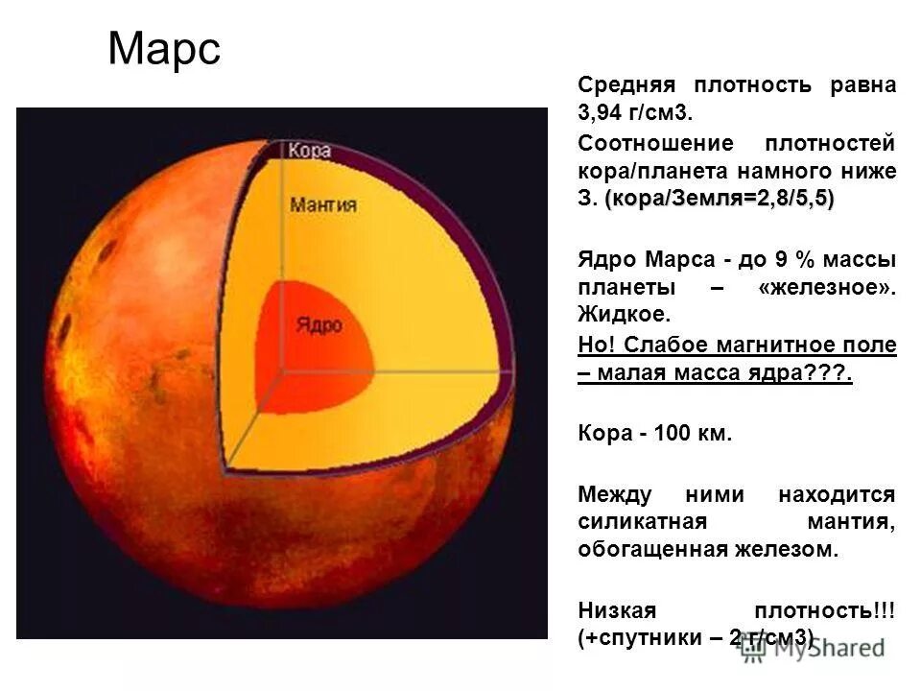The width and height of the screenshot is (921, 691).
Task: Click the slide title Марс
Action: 164,49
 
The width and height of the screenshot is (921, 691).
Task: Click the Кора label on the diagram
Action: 309,151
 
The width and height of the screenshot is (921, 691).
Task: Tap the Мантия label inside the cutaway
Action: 323,205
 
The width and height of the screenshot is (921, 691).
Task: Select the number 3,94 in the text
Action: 602,112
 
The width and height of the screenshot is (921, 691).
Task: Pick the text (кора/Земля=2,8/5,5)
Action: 720,199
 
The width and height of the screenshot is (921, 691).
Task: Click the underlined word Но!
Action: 594,345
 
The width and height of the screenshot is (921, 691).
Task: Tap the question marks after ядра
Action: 834,373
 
